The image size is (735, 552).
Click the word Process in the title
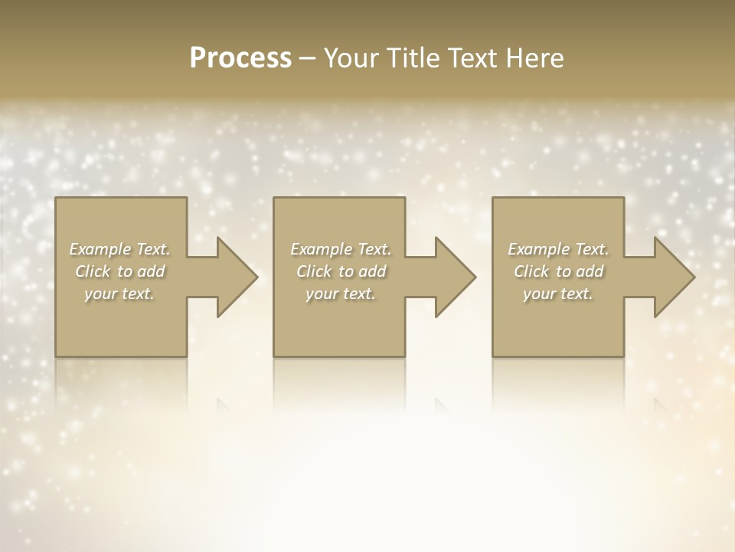[x=240, y=58]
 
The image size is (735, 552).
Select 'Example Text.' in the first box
[x=119, y=249]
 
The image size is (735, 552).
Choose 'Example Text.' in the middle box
[x=341, y=249]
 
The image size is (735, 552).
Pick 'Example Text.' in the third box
[x=558, y=249]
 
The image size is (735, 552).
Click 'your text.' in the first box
[x=119, y=294]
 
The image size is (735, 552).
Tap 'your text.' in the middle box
[x=341, y=294]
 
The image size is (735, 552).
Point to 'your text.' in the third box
[x=558, y=294]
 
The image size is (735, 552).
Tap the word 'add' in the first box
[x=151, y=271]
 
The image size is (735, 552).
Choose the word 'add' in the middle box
[x=372, y=271]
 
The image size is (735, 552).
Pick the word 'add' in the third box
[x=590, y=271]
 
